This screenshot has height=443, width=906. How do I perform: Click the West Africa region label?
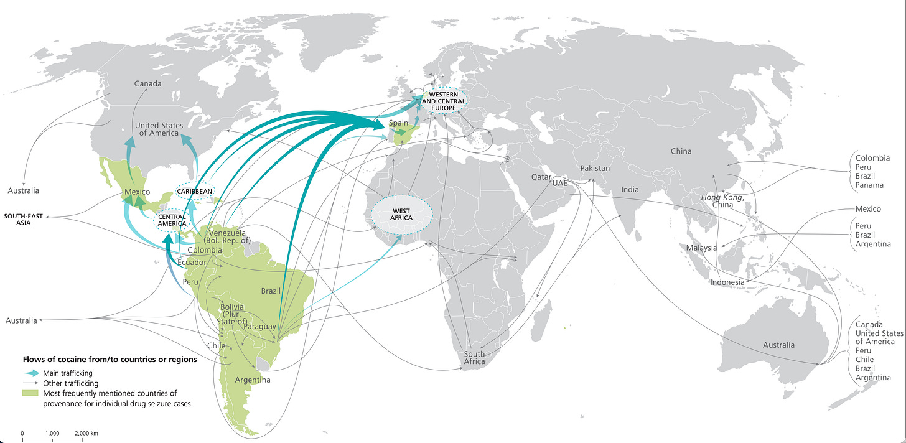tap(401, 213)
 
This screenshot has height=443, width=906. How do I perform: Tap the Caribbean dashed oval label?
tap(195, 191)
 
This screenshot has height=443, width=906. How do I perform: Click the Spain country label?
tap(399, 123)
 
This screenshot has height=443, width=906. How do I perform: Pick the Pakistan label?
tap(595, 169)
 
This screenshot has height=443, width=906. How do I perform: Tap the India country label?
tap(630, 189)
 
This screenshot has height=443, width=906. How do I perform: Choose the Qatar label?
tap(541, 177)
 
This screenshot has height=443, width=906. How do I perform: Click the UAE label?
tap(560, 184)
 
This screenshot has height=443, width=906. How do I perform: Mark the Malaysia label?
tap(701, 248)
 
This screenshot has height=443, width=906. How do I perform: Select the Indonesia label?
tap(727, 282)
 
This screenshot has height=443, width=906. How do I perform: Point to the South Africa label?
tap(474, 358)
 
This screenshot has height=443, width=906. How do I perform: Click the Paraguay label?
tap(259, 327)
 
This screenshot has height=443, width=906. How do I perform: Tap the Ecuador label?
tap(191, 263)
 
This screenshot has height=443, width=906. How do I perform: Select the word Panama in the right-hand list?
tap(869, 185)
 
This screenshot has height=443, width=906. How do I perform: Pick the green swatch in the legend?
tap(30, 393)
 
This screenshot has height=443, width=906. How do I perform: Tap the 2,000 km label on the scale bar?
tap(86, 432)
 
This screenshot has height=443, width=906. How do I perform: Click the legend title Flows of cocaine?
tap(110, 360)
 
